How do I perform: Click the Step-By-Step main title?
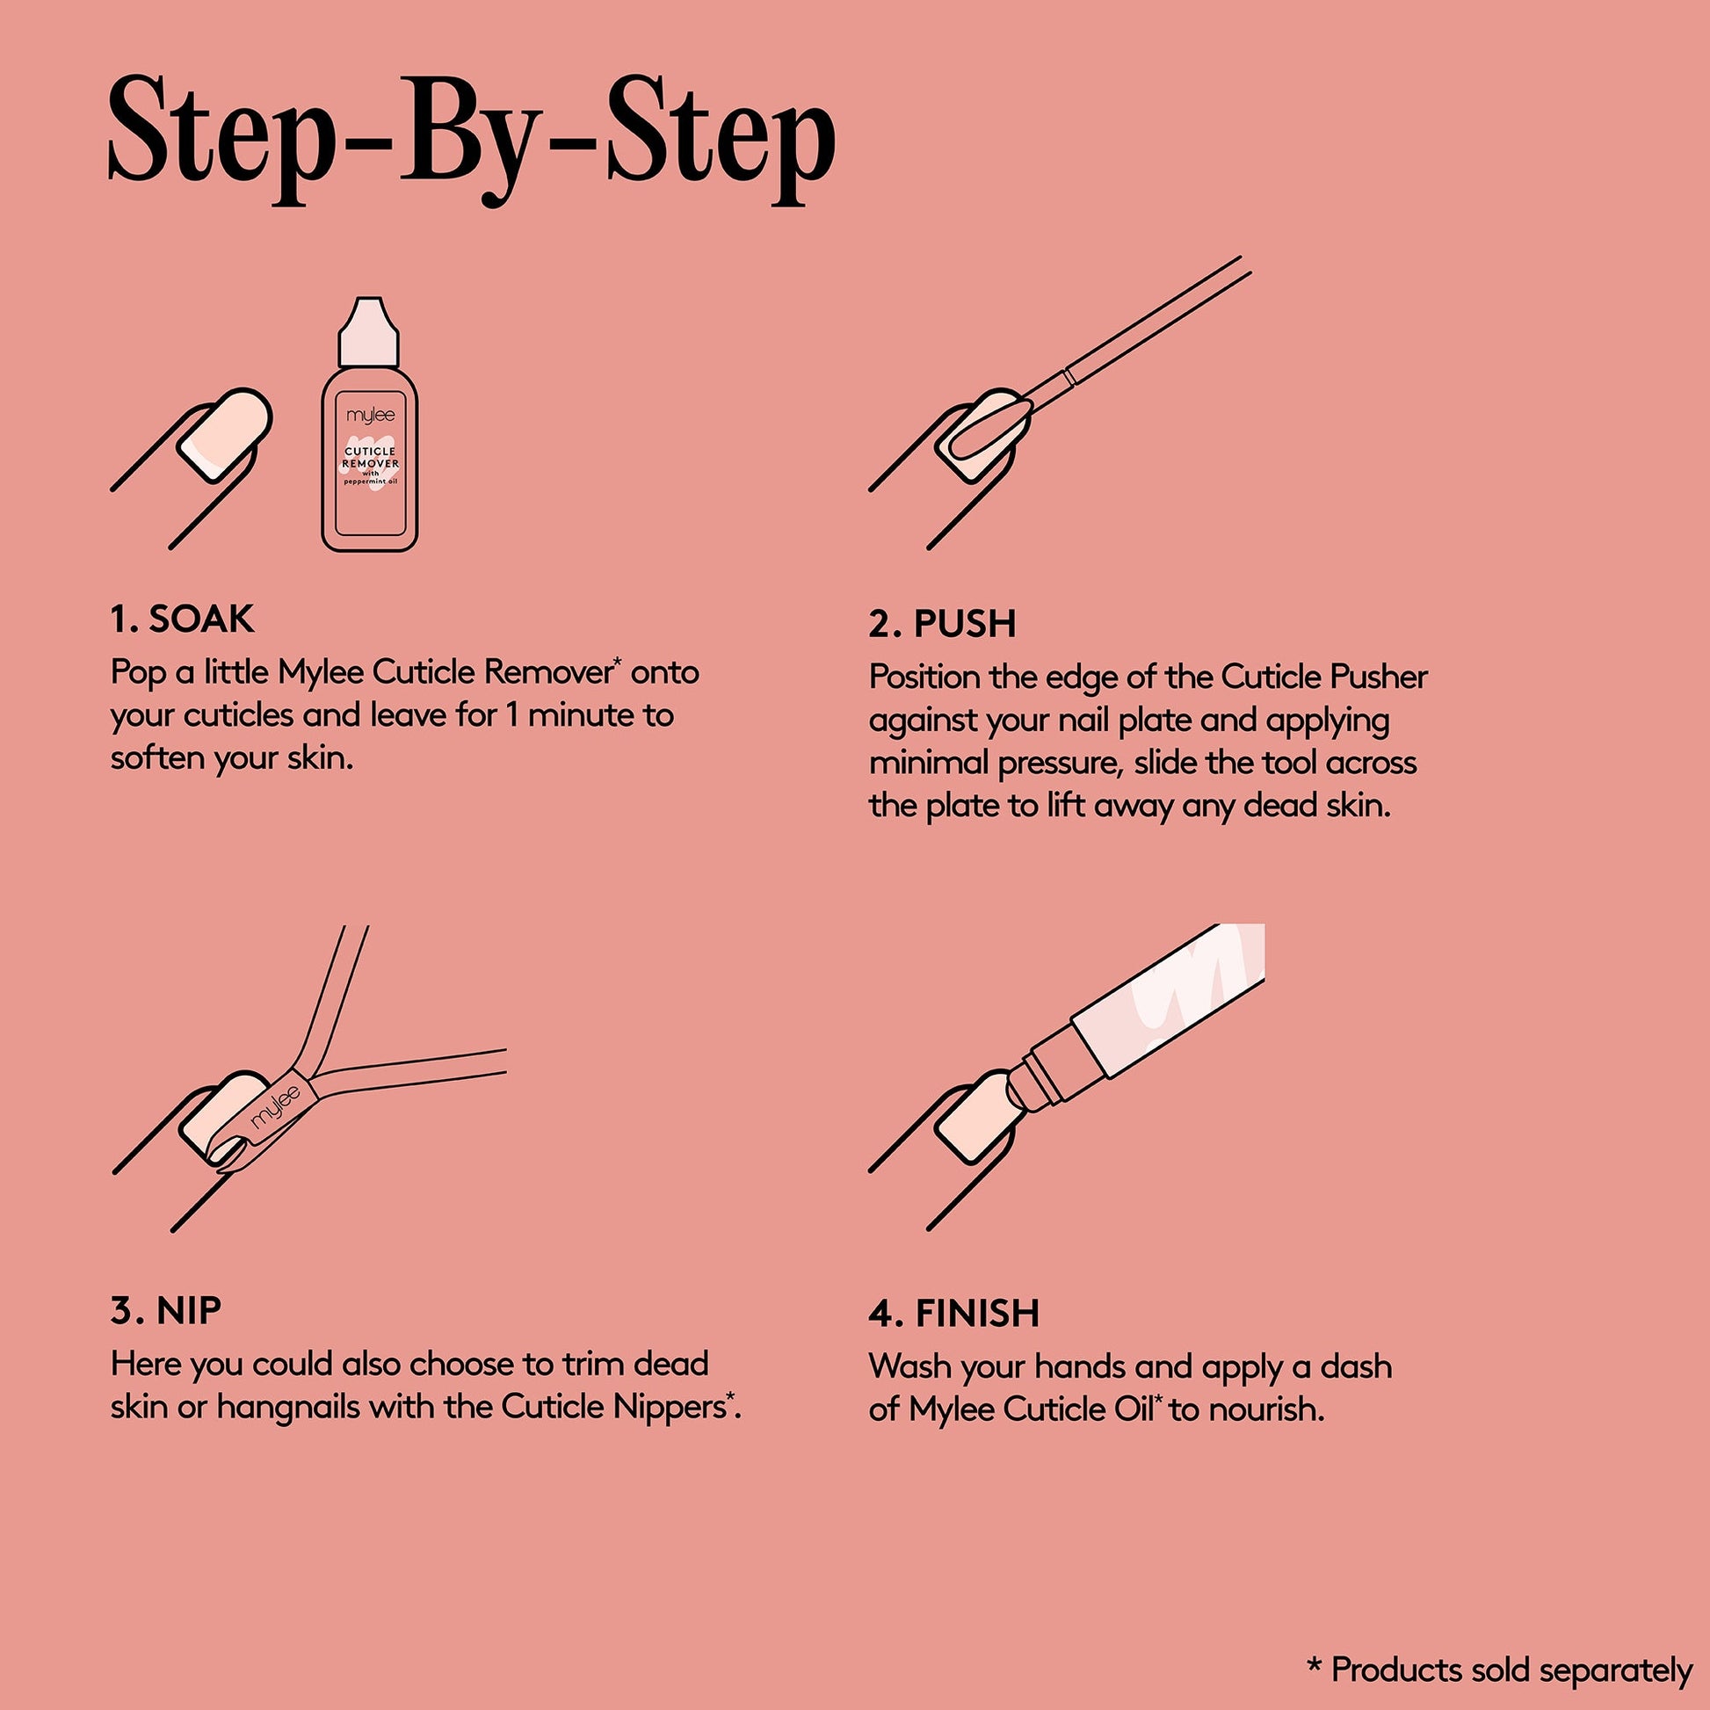(x=472, y=141)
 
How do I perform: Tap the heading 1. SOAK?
(x=182, y=620)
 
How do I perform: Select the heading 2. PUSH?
(x=942, y=624)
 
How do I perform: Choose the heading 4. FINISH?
(x=954, y=1314)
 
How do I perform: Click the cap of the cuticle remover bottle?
(x=369, y=332)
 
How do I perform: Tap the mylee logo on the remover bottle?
(x=370, y=415)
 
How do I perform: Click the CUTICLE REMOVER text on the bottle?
(x=370, y=458)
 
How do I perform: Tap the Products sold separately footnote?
(x=1499, y=1670)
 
